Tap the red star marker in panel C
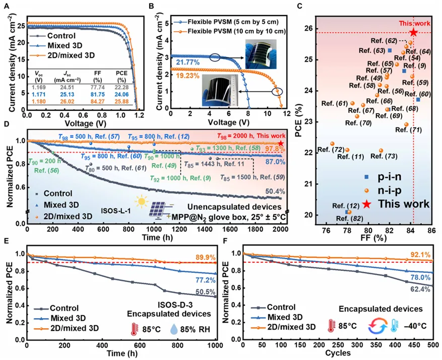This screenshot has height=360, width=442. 413,33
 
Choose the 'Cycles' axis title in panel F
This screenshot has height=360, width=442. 338,353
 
